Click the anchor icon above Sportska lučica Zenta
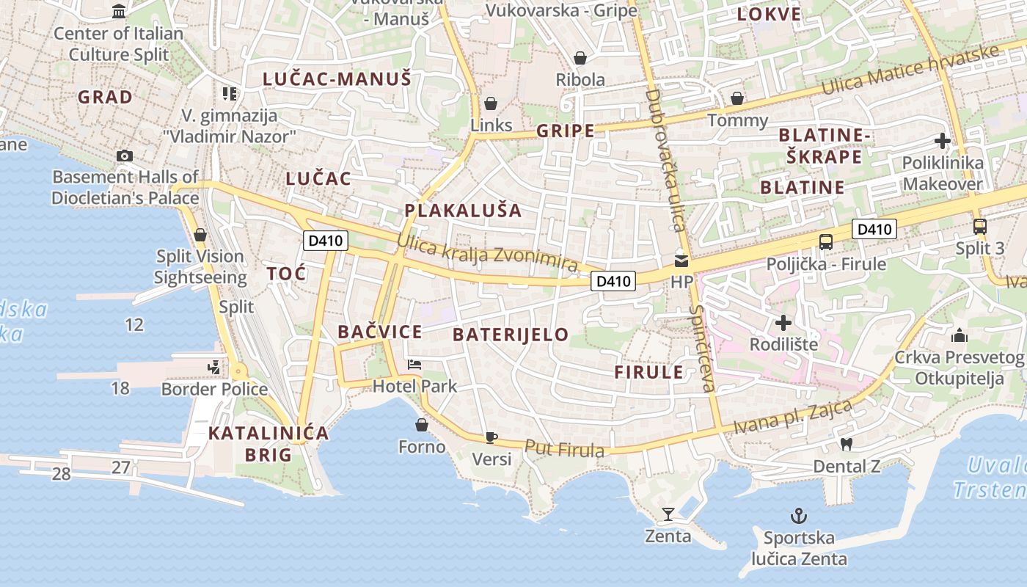point(798,515)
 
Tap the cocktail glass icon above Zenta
point(668,514)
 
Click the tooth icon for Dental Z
point(846,444)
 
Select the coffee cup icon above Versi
point(491,437)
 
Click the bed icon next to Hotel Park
point(414,365)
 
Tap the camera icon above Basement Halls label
point(125,156)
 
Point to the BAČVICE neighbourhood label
point(380,332)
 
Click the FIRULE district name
point(649,372)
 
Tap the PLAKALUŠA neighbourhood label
point(463,211)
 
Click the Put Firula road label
point(564,448)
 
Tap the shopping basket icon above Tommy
point(737,98)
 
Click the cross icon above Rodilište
point(783,322)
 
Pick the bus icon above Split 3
point(979,226)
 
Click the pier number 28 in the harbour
point(62,474)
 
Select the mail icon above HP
point(681,260)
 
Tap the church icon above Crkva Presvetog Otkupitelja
point(959,336)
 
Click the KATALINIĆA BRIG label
point(268,444)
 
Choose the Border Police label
point(214,389)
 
